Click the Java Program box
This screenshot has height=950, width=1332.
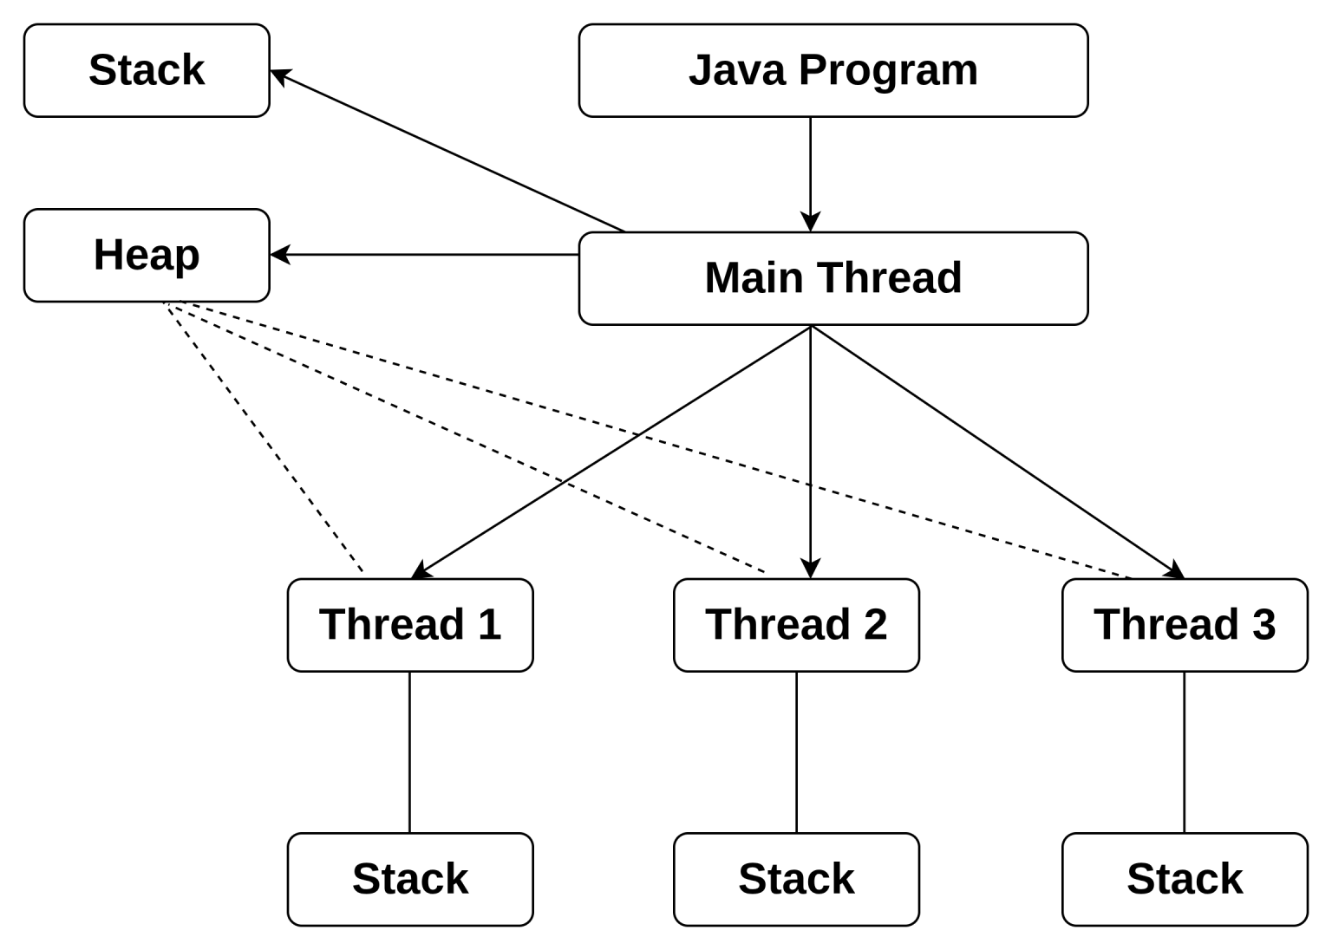pos(832,70)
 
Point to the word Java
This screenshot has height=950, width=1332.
pos(736,70)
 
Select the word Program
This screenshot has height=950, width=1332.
pos(888,71)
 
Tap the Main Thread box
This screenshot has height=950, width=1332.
pos(832,278)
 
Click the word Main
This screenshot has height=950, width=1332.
pos(753,278)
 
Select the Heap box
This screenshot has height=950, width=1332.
pos(147,256)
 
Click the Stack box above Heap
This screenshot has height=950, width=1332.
pos(147,70)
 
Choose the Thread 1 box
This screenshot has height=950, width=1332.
pos(410,625)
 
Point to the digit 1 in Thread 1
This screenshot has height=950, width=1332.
pos(489,625)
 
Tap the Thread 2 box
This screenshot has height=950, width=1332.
pos(796,625)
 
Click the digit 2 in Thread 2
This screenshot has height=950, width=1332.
pos(875,625)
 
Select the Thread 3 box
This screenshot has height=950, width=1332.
pos(1185,625)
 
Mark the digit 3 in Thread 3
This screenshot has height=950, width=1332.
pos(1263,625)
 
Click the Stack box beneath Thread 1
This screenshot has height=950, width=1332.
pos(410,879)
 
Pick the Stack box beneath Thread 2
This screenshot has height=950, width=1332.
pos(796,879)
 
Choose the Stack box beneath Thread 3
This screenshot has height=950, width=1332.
pos(1185,879)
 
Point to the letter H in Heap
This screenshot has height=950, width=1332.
pos(108,255)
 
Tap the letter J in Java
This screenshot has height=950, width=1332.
pos(699,70)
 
